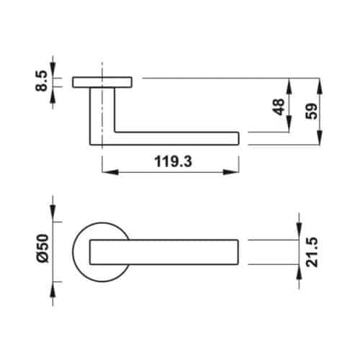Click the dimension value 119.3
pyautogui.click(x=172, y=163)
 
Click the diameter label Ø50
pyautogui.click(x=42, y=248)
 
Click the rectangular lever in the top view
pyautogui.click(x=166, y=253)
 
